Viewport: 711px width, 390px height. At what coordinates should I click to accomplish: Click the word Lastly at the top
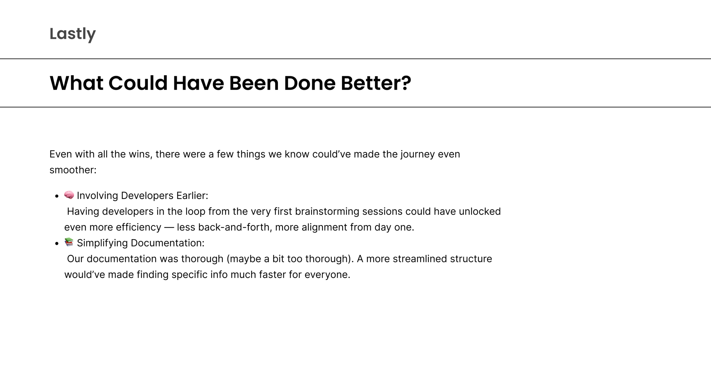pyautogui.click(x=72, y=34)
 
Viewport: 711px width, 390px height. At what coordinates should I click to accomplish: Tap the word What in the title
pyautogui.click(x=76, y=83)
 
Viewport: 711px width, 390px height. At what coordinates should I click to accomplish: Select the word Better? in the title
pyautogui.click(x=376, y=83)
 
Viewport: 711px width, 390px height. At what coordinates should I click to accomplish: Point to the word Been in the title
pyautogui.click(x=254, y=83)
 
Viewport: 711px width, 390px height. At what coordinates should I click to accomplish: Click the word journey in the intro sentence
pyautogui.click(x=417, y=154)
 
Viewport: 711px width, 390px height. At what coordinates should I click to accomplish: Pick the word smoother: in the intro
pyautogui.click(x=73, y=170)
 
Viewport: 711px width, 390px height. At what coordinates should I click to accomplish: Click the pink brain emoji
pyautogui.click(x=69, y=195)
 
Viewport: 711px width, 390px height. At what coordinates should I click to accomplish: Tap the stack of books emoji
pyautogui.click(x=69, y=242)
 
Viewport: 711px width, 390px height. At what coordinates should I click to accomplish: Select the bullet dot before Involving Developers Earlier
pyautogui.click(x=57, y=196)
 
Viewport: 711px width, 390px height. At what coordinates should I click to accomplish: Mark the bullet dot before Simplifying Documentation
pyautogui.click(x=57, y=244)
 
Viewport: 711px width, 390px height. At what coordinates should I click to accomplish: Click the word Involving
pyautogui.click(x=97, y=196)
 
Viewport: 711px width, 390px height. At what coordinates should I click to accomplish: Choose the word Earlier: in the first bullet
pyautogui.click(x=192, y=196)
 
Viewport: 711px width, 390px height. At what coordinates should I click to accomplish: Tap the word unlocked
pyautogui.click(x=480, y=212)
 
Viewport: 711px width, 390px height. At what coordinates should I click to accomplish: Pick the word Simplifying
pyautogui.click(x=102, y=243)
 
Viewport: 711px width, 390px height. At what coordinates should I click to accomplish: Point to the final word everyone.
pyautogui.click(x=327, y=275)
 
